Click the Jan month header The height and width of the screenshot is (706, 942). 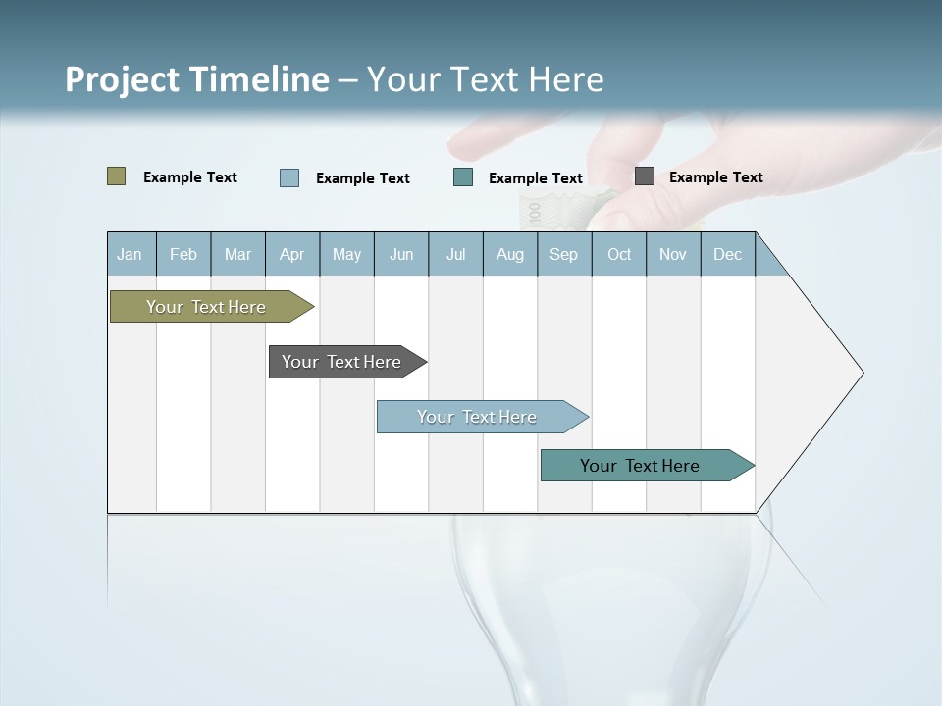(130, 254)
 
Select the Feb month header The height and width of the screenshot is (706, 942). (183, 254)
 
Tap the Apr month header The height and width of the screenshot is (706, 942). (291, 254)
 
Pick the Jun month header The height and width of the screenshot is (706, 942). (401, 254)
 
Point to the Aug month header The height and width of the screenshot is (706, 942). (509, 254)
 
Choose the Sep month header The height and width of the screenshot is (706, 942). (563, 254)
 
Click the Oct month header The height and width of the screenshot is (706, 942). (619, 254)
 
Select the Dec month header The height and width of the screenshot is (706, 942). (727, 254)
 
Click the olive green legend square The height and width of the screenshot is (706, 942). (117, 176)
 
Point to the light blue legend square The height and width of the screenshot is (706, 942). (289, 177)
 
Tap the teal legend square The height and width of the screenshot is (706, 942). (463, 177)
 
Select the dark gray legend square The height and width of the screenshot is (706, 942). (645, 176)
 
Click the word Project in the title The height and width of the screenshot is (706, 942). (122, 79)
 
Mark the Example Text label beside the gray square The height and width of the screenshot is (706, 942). (715, 176)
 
